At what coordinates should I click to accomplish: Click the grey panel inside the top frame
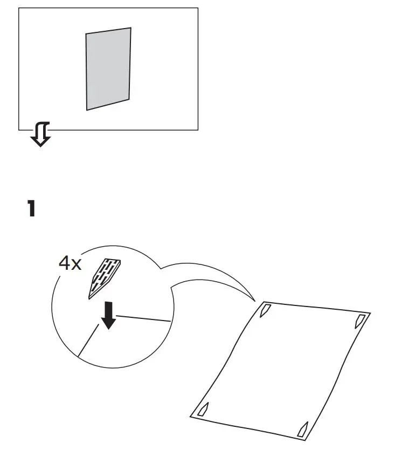click(108, 69)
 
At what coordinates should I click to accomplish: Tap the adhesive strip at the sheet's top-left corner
click(266, 310)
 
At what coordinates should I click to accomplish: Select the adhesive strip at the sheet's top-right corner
click(359, 322)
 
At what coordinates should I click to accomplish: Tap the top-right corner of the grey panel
click(130, 28)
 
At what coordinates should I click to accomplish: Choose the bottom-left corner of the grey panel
click(87, 110)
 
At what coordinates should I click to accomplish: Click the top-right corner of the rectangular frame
click(198, 8)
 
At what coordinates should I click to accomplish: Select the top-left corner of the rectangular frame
click(19, 8)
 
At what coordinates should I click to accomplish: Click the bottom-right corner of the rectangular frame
click(198, 130)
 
